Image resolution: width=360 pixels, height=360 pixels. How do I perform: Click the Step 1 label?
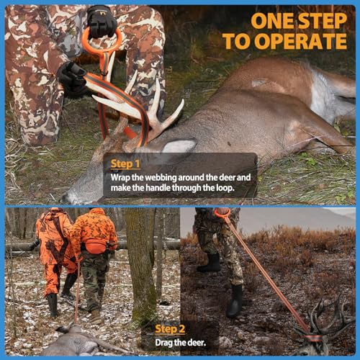pos(125,164)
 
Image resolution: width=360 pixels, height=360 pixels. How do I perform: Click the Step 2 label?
pos(170,329)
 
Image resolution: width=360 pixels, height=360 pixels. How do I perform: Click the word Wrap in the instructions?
pos(122,177)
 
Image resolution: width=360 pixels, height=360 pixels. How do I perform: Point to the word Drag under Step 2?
pos(164,343)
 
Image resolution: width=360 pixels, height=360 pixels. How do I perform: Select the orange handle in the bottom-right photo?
pos(222,213)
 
